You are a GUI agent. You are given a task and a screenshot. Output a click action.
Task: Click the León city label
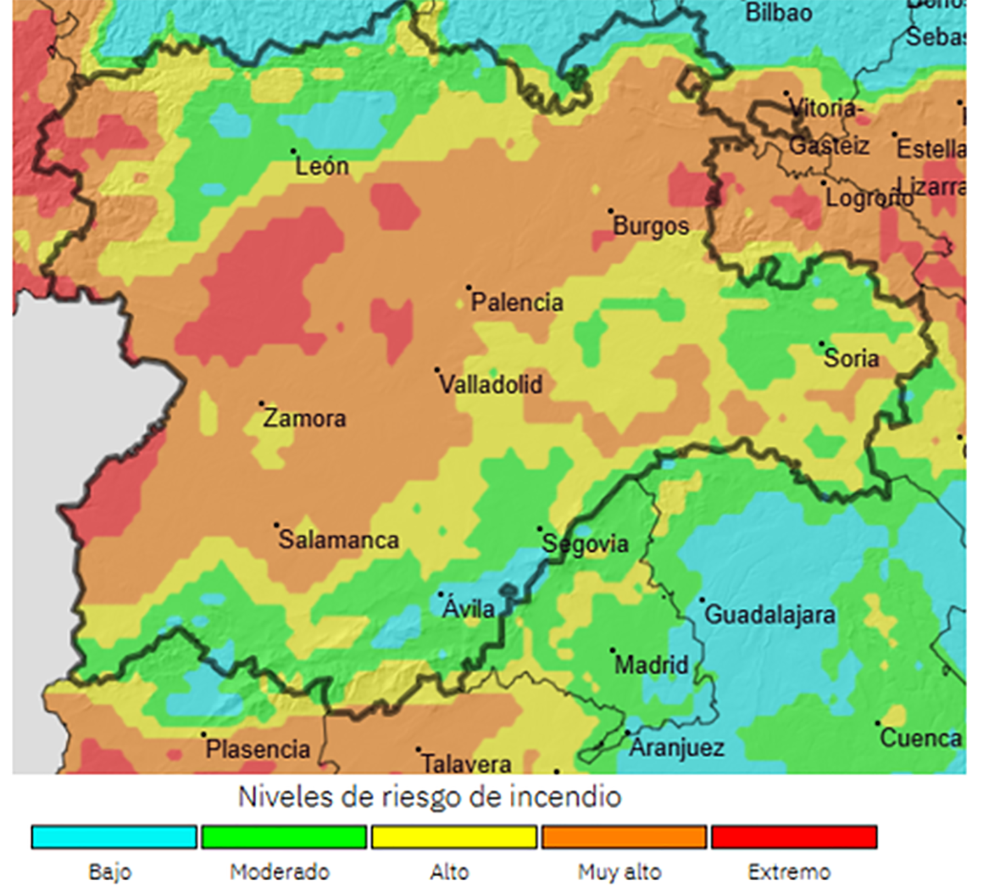point(321,166)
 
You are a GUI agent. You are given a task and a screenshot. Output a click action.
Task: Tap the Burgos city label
point(651,226)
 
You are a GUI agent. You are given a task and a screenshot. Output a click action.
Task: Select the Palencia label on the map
point(517,303)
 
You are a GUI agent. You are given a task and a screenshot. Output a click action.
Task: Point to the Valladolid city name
point(491,385)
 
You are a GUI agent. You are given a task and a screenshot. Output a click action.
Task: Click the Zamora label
point(304,419)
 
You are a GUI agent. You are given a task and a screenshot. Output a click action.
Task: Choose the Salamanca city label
point(339,540)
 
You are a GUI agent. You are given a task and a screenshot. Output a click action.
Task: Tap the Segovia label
point(585,544)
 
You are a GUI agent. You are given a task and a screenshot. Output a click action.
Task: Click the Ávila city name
point(469,609)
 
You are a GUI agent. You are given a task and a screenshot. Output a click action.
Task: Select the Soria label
point(851,359)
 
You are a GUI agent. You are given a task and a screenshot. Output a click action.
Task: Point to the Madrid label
point(651,665)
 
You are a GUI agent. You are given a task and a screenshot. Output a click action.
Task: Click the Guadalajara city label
point(770,615)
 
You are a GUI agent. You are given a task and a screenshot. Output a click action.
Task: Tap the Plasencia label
point(258,749)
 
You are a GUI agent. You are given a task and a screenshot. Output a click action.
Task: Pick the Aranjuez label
point(677,748)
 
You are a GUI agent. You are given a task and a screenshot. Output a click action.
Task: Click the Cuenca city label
point(921,739)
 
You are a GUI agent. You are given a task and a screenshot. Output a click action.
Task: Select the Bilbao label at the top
point(779,12)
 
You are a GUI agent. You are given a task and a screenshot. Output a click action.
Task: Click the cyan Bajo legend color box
point(114,837)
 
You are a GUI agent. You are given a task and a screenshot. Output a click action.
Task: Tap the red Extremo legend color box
point(794,837)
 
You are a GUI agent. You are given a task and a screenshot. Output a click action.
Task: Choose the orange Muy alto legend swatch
point(624,837)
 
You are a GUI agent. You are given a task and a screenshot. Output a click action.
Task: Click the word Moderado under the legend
point(280,872)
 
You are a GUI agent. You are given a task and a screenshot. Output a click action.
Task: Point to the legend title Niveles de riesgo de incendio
point(429,798)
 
